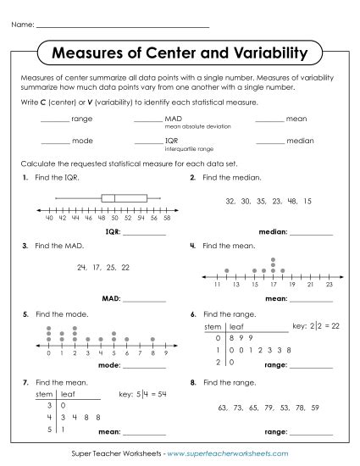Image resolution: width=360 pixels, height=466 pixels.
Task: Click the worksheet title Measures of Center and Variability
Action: pos(180,54)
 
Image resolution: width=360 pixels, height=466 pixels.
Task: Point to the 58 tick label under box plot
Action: pos(167,218)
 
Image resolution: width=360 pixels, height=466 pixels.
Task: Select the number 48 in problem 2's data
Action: pos(291,202)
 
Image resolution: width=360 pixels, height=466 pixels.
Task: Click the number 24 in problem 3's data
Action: pos(82,267)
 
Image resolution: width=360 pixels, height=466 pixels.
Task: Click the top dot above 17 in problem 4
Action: pos(272,259)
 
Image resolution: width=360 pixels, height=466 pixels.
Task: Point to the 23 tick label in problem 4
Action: pos(330,286)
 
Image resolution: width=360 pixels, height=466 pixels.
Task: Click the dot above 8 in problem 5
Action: pos(152,339)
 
